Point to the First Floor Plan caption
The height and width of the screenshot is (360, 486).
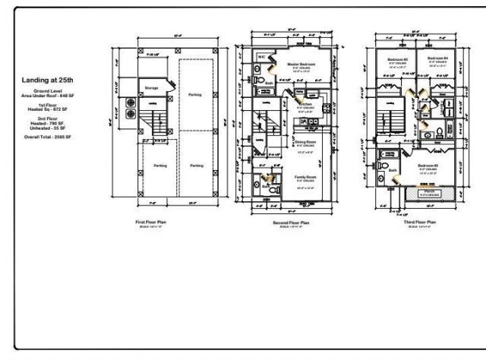(x=151, y=222)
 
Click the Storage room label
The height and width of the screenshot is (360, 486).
(x=151, y=88)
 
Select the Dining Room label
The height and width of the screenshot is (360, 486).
(x=305, y=142)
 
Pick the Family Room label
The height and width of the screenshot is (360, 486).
(x=305, y=176)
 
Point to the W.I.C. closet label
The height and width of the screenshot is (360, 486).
(x=261, y=56)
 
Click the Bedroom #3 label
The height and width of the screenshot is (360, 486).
(x=398, y=58)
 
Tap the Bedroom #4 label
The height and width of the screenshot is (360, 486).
(x=437, y=58)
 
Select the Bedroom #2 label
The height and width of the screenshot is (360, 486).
(x=427, y=166)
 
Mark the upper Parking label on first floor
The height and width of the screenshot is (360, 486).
(x=195, y=95)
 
